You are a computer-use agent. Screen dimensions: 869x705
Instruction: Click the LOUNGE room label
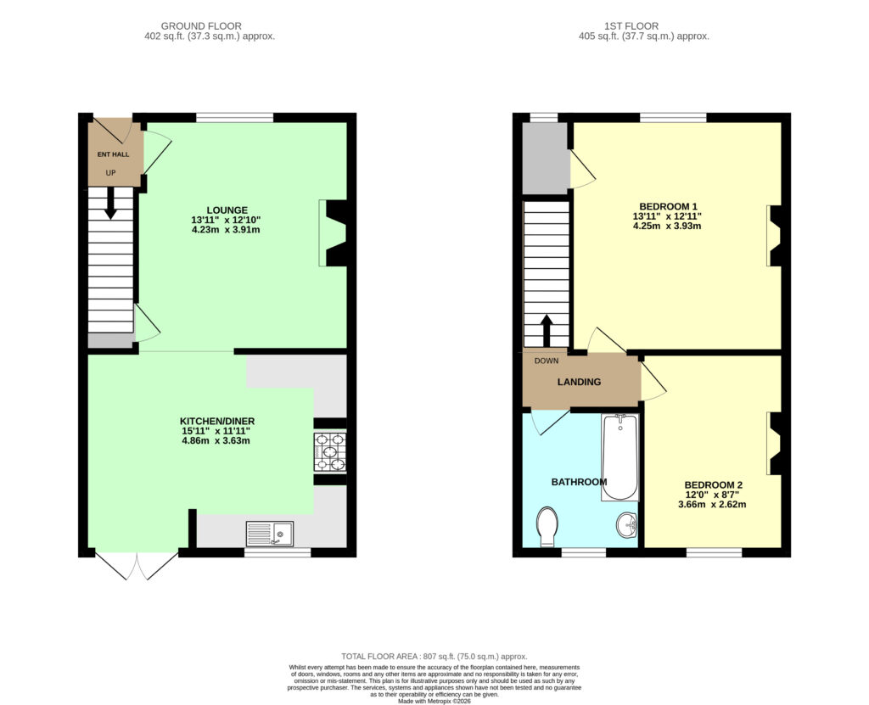(x=227, y=210)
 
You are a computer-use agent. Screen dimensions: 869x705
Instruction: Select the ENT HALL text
(x=113, y=154)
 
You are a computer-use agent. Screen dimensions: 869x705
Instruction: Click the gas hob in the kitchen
(x=330, y=452)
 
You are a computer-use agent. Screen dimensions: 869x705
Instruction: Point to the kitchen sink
(x=270, y=534)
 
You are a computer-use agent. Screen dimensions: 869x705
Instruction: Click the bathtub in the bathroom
(x=620, y=458)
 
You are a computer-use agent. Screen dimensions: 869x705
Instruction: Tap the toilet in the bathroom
(x=547, y=525)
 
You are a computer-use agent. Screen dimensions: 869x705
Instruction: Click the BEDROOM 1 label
(x=668, y=207)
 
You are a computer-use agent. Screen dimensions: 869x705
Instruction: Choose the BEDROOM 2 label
(x=713, y=484)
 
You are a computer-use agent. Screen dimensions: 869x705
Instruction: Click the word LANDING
(x=579, y=382)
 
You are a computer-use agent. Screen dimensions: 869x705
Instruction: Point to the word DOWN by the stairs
(x=547, y=361)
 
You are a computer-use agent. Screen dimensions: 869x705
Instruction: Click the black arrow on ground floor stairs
(x=111, y=203)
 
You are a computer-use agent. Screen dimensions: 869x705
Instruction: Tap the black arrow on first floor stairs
(x=547, y=330)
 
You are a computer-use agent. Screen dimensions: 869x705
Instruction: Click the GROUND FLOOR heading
(x=201, y=26)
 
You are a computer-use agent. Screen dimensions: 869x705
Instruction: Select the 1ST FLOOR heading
(x=631, y=26)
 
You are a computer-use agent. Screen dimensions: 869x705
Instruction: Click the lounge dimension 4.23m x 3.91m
(x=226, y=229)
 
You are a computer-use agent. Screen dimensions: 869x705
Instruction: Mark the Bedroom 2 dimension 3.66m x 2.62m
(x=712, y=505)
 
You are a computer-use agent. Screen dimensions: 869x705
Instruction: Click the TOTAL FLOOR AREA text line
(x=434, y=657)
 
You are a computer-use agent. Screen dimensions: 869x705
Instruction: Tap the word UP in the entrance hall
(x=111, y=173)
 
